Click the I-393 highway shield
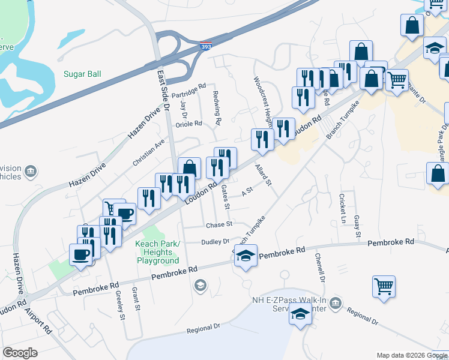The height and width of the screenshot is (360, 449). (x=205, y=46)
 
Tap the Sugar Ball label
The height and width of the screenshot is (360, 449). (x=82, y=74)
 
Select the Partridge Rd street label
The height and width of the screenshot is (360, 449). (x=188, y=90)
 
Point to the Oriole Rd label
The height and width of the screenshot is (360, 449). (x=188, y=124)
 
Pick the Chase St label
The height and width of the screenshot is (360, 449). (x=219, y=224)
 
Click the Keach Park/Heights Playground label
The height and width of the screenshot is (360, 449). (x=157, y=256)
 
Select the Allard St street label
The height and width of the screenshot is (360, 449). (x=264, y=175)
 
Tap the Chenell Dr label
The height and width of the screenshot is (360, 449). (x=320, y=268)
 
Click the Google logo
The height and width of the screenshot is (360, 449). (x=20, y=353)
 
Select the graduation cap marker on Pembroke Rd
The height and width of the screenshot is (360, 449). (x=245, y=256)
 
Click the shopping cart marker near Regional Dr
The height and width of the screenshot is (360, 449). (x=384, y=286)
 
